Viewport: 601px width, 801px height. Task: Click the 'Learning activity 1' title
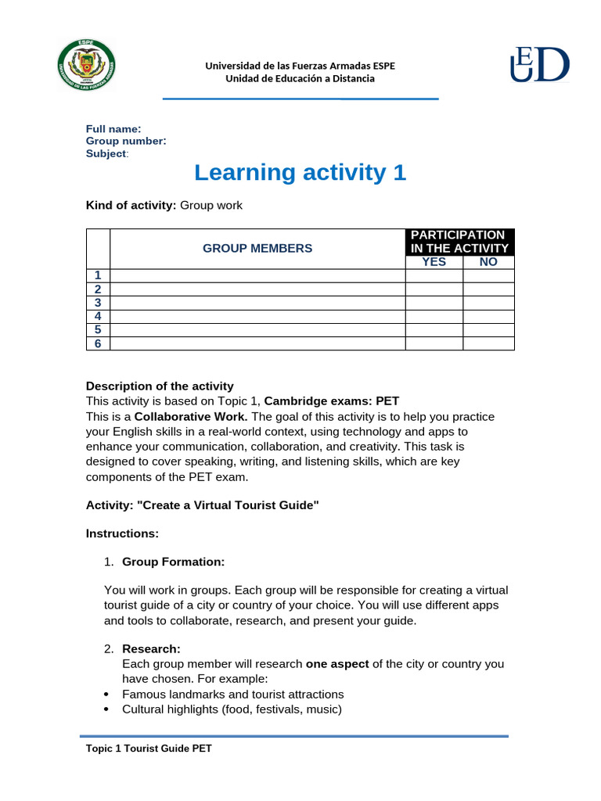pyautogui.click(x=300, y=172)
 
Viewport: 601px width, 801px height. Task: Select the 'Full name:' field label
pyautogui.click(x=113, y=129)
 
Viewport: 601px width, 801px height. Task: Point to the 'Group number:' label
pyautogui.click(x=126, y=141)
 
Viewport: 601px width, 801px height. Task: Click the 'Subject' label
pyautogui.click(x=106, y=153)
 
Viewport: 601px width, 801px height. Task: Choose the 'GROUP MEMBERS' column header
pyautogui.click(x=257, y=248)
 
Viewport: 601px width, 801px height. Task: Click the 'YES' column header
pyautogui.click(x=434, y=262)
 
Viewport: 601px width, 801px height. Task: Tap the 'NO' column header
pyautogui.click(x=488, y=262)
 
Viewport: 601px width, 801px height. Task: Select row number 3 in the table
pyautogui.click(x=98, y=303)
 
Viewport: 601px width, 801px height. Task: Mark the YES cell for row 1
pyautogui.click(x=434, y=275)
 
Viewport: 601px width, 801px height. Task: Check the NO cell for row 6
pyautogui.click(x=488, y=343)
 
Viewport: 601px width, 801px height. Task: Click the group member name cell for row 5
pyautogui.click(x=257, y=330)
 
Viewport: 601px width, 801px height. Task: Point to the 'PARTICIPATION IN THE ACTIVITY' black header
pyautogui.click(x=460, y=242)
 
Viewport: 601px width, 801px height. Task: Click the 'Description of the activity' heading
pyautogui.click(x=160, y=386)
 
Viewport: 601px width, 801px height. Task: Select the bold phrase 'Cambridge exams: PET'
pyautogui.click(x=332, y=401)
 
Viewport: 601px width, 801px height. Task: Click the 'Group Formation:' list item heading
pyautogui.click(x=173, y=562)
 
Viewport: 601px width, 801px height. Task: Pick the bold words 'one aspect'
pyautogui.click(x=337, y=663)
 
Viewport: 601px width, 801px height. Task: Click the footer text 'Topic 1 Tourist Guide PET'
pyautogui.click(x=149, y=749)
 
